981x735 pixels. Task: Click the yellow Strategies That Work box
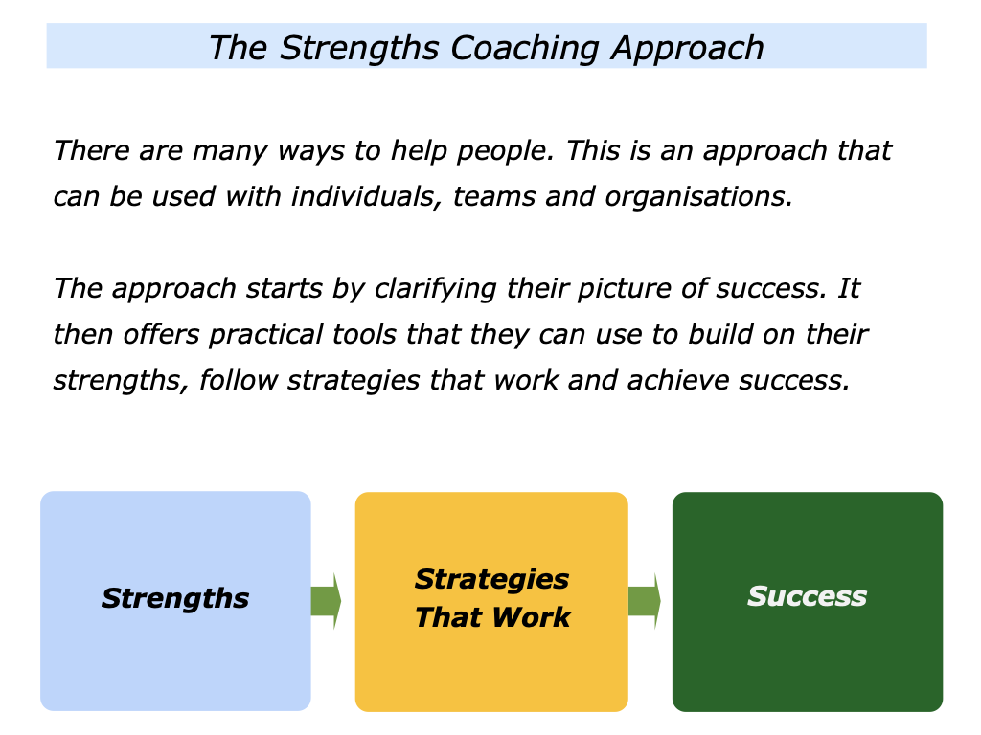[x=490, y=660]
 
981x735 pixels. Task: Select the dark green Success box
[x=808, y=660]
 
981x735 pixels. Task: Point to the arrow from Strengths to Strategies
[x=326, y=601]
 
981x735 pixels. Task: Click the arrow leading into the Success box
[x=644, y=601]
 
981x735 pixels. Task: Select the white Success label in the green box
[x=808, y=596]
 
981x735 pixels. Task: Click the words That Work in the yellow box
[x=492, y=617]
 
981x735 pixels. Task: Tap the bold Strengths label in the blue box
[x=175, y=599]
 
